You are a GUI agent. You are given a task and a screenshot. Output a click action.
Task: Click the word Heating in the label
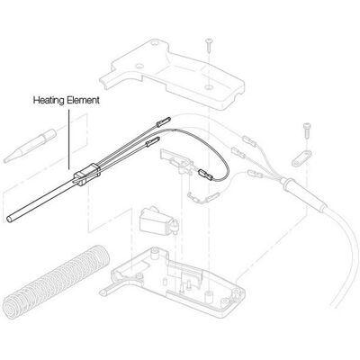49,100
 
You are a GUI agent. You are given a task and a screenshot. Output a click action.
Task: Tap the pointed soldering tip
30,146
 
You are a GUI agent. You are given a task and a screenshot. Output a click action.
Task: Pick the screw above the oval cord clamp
306,130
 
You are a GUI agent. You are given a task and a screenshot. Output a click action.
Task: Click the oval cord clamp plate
301,157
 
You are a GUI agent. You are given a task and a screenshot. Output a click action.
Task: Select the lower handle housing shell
174,281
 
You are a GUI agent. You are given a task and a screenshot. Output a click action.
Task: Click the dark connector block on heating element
87,174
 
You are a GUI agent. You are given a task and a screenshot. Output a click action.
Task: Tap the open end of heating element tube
9,219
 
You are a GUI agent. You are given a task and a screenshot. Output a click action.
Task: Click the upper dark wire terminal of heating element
164,121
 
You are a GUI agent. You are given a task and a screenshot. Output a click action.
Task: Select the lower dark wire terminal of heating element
153,141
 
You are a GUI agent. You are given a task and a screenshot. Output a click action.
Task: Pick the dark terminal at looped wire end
206,175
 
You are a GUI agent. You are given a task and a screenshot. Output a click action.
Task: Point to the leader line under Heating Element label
69,139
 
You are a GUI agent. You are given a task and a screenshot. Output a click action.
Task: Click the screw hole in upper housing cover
209,87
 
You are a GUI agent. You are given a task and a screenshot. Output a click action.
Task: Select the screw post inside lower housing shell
155,253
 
